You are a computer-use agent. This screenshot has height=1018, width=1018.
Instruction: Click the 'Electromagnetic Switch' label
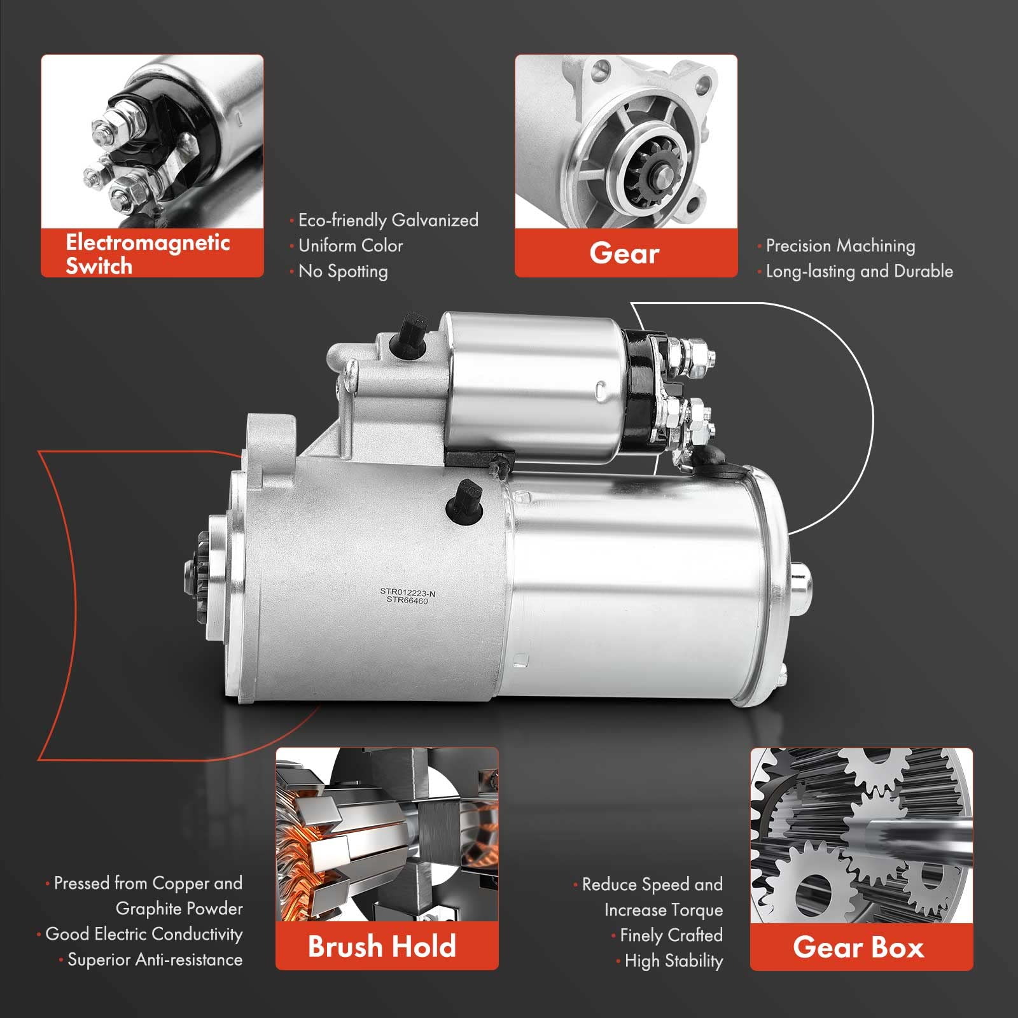point(148,254)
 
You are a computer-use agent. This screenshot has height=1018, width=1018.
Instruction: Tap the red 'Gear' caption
point(624,253)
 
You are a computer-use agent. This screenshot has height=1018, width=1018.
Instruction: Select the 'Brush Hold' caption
point(382,946)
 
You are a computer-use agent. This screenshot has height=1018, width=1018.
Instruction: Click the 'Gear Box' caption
point(858,947)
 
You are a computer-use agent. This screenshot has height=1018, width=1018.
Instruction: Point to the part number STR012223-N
point(408,592)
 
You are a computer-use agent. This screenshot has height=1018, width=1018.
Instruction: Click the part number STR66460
point(408,600)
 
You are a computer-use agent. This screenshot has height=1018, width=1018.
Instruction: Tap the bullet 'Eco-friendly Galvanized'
point(388,220)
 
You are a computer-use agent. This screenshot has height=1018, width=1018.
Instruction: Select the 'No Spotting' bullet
point(343,271)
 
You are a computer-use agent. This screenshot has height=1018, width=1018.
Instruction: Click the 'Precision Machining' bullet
point(840,246)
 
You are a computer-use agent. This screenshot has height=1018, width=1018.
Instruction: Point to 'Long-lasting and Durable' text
point(859,271)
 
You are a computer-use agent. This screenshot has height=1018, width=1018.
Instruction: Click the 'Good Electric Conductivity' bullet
point(144,934)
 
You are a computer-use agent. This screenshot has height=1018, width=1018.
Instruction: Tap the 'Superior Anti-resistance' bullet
point(155,959)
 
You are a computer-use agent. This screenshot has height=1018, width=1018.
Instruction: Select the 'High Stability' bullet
point(674,961)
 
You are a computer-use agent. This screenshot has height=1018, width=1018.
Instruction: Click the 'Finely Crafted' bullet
point(671,935)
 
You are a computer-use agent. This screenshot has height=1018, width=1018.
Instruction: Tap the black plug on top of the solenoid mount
point(408,331)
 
